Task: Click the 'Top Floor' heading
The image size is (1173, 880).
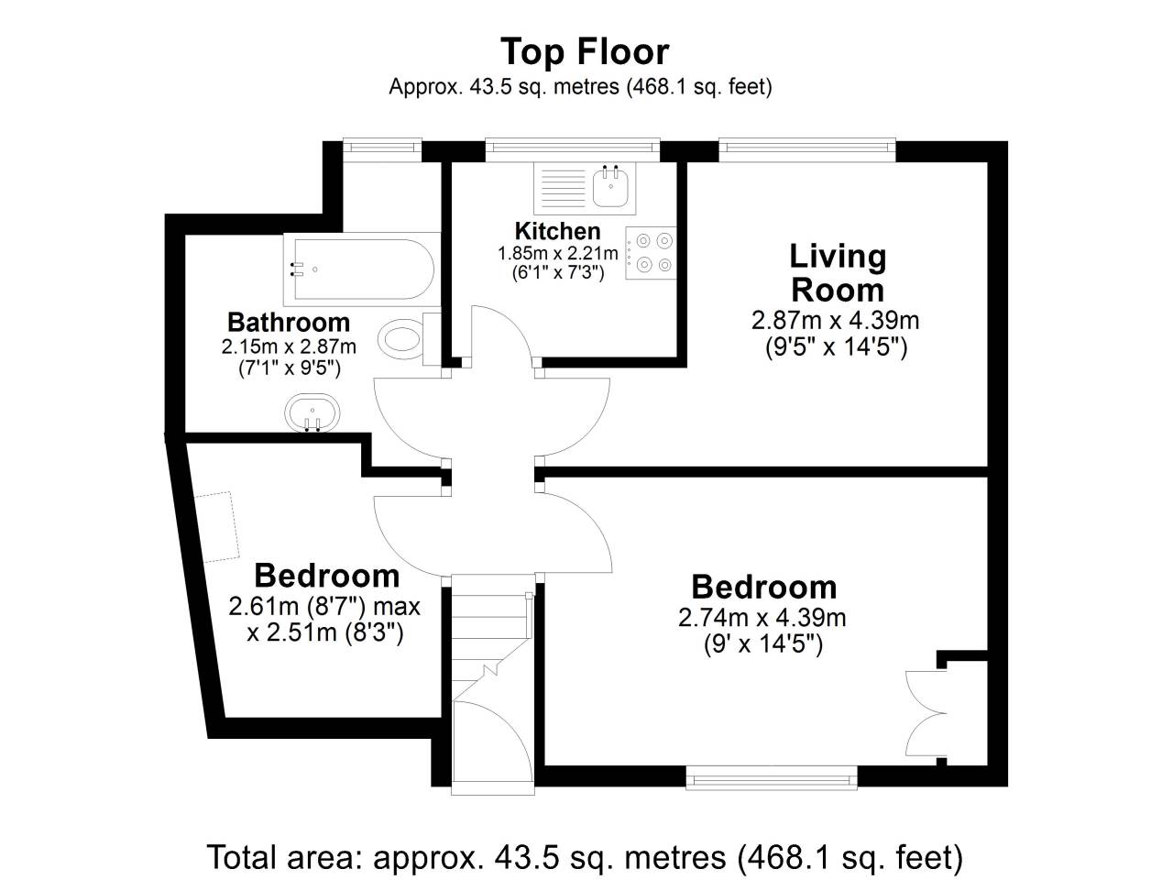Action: click(584, 52)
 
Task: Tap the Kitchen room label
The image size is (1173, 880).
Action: click(557, 231)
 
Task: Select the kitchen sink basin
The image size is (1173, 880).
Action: click(610, 186)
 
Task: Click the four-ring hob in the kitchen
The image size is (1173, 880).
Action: click(651, 253)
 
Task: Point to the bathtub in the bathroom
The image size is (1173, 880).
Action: click(363, 269)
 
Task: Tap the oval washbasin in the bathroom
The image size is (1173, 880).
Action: click(312, 412)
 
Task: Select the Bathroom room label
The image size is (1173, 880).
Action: click(289, 323)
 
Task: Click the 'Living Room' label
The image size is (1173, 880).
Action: click(838, 273)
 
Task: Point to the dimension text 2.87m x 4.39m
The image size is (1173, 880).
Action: click(835, 321)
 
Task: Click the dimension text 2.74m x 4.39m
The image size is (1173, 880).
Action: click(762, 618)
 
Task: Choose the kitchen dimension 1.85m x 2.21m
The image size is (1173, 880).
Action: click(557, 253)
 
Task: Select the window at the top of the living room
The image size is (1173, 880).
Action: click(807, 149)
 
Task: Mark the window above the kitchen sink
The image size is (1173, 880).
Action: click(573, 149)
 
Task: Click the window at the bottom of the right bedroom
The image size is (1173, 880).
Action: click(772, 777)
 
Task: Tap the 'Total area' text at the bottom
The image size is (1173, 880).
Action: click(585, 858)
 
